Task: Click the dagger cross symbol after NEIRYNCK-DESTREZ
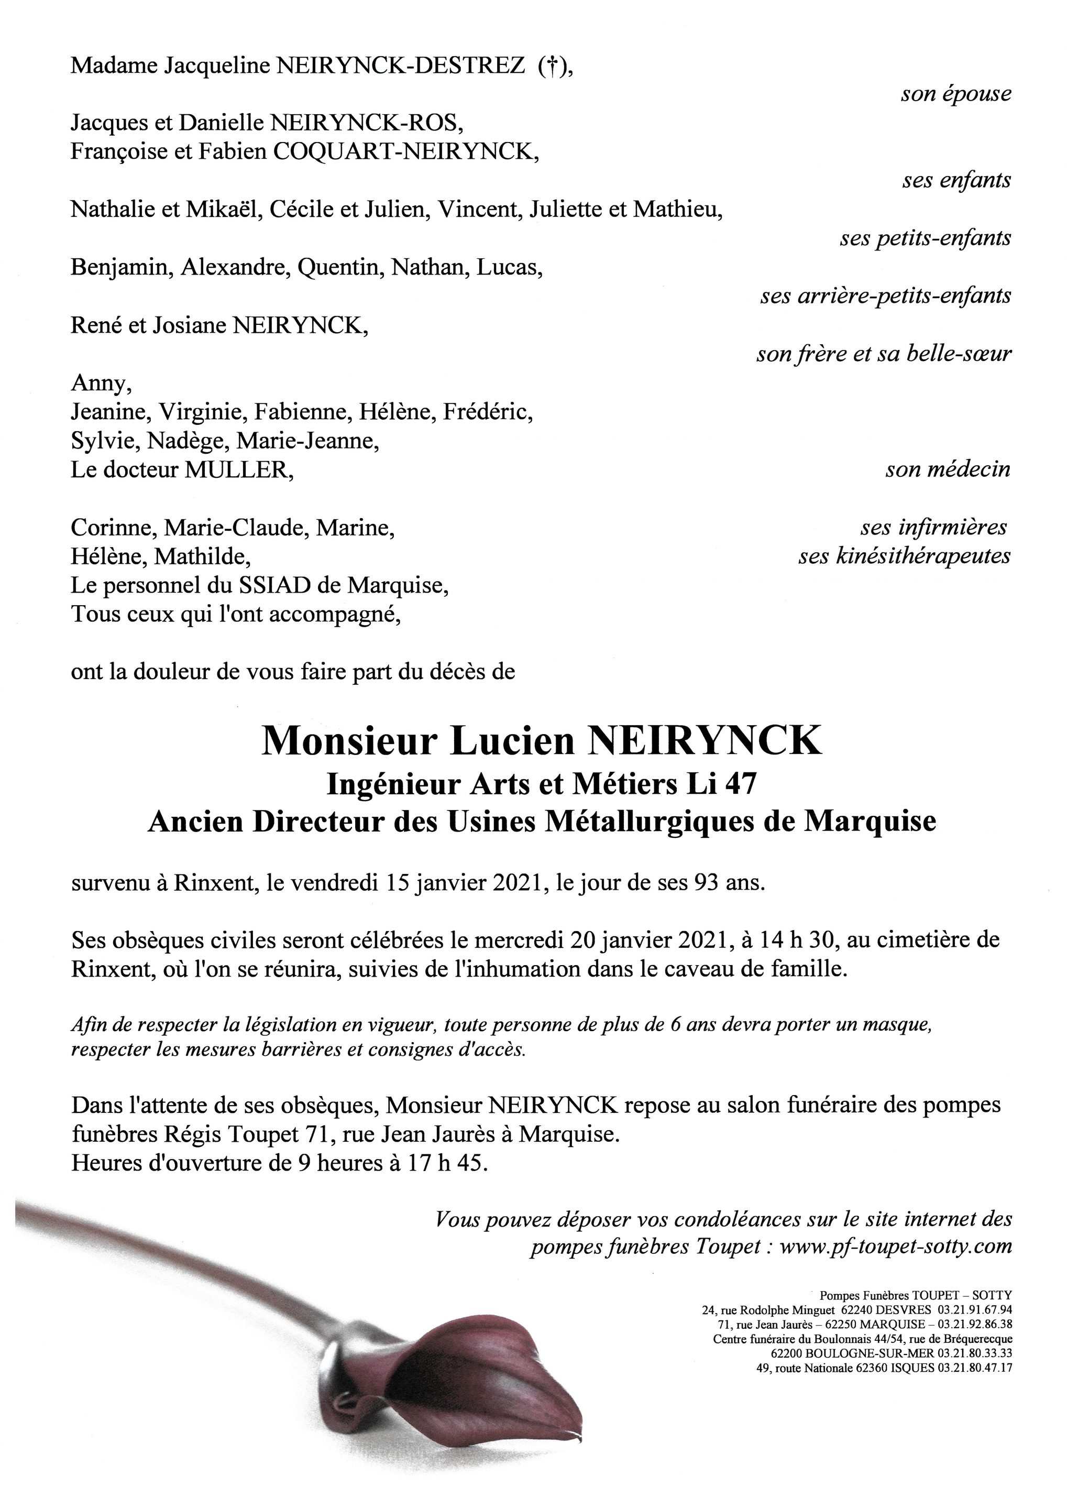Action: [552, 67]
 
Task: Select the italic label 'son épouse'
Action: [955, 94]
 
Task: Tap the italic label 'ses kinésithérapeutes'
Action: [904, 556]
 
